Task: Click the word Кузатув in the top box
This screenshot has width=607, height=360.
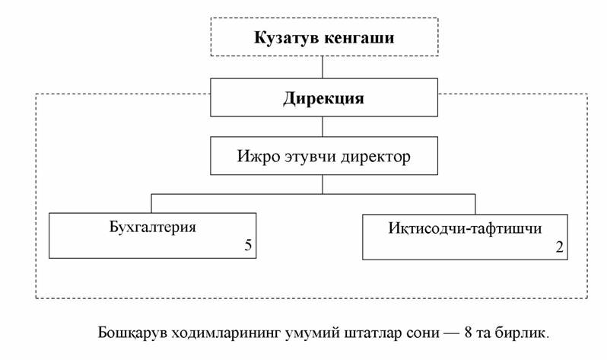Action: [x=287, y=37]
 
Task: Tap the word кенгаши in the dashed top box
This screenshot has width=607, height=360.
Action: [x=359, y=37]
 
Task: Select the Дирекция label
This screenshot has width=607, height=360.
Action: [x=323, y=98]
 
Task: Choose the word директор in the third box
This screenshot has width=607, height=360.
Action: [x=376, y=158]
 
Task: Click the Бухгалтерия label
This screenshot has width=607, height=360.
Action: [x=153, y=227]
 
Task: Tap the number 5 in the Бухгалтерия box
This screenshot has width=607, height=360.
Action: [x=248, y=245]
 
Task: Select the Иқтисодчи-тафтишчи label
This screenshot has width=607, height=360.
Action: [x=465, y=228]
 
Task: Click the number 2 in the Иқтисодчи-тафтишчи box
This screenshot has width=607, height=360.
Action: [x=559, y=247]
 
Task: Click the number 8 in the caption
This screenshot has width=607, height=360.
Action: [x=468, y=333]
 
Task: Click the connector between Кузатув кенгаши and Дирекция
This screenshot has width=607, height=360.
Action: [x=323, y=67]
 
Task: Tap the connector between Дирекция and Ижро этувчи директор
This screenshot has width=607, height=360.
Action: [x=323, y=126]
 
